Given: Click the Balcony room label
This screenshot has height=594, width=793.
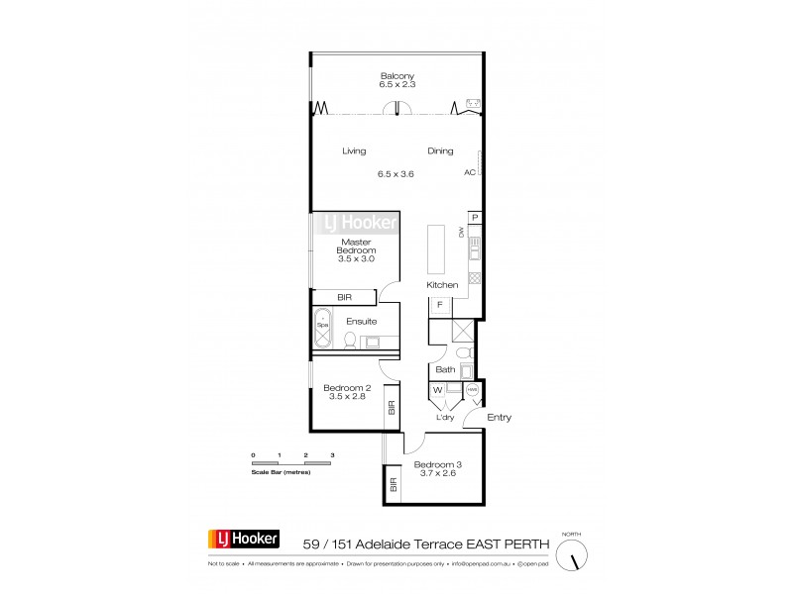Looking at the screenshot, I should [396, 75].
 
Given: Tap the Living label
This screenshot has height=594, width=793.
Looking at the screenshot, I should [354, 151].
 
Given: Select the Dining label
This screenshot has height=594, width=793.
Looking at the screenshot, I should [440, 151].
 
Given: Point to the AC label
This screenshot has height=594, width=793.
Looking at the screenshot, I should [470, 171].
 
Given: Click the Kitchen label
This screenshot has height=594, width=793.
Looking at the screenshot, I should [442, 285].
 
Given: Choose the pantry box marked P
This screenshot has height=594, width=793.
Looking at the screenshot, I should [475, 218].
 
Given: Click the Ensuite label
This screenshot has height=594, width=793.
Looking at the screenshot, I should [361, 321].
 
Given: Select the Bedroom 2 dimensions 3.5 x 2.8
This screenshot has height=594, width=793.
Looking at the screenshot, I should [354, 397].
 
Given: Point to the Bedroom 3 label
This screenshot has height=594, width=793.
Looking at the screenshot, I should [438, 464].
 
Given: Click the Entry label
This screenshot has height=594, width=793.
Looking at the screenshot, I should [500, 418].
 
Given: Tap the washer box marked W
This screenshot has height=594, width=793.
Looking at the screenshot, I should [437, 391].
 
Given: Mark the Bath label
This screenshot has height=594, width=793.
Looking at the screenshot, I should [445, 370].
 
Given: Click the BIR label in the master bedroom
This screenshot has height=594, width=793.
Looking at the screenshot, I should [345, 296].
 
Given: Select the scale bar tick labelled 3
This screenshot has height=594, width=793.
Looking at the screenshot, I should [332, 454].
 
